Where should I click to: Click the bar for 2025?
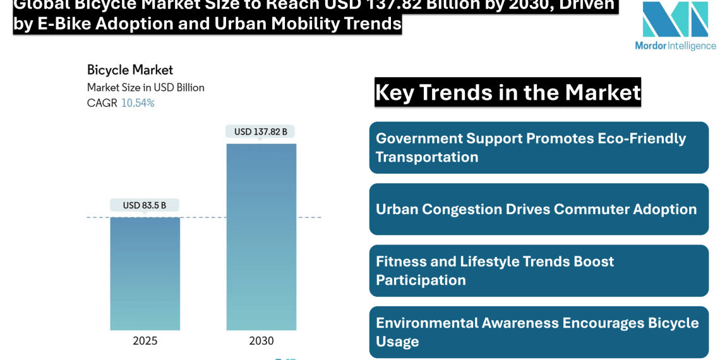(145, 273)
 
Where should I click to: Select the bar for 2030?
(261, 237)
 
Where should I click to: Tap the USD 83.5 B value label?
(145, 205)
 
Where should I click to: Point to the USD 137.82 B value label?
(261, 132)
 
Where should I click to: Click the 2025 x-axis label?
(145, 341)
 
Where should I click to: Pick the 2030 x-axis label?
(261, 341)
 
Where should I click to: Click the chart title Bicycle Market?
(129, 69)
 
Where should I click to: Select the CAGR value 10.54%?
(138, 103)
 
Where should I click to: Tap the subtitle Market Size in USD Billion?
(145, 87)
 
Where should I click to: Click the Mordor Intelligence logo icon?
(675, 20)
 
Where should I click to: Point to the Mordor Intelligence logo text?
(675, 46)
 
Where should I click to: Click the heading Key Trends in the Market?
(508, 93)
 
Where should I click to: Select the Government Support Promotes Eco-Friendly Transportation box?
(539, 148)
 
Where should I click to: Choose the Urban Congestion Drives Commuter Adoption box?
(539, 210)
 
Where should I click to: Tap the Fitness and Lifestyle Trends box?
(539, 271)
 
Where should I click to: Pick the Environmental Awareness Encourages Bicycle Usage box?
(539, 332)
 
